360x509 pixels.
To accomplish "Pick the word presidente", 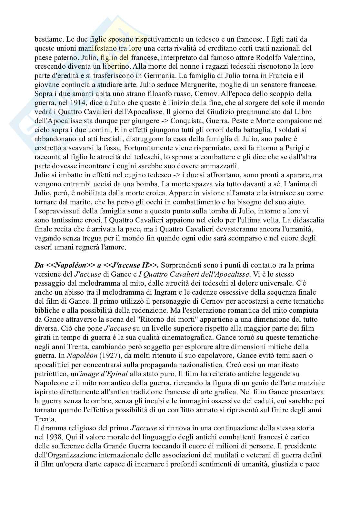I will (x=304, y=446).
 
